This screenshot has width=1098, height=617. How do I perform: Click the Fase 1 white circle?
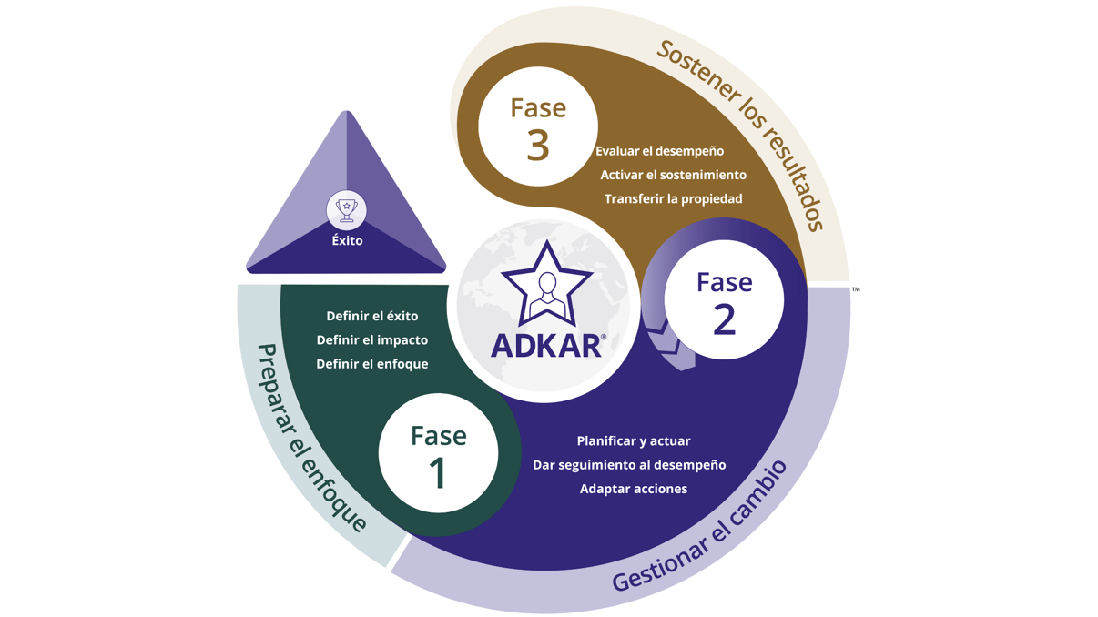pos(438,453)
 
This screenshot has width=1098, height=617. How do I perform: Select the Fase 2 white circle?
pos(724,299)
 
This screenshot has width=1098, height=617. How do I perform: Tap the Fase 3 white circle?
pos(537,126)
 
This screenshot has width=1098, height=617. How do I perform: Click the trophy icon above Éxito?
pos(347,210)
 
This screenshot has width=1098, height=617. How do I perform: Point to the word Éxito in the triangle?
pos(347,241)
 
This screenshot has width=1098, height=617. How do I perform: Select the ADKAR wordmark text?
pos(546,346)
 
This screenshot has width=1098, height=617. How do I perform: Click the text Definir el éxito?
pos(372,316)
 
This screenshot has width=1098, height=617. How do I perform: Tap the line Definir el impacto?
pos(372,340)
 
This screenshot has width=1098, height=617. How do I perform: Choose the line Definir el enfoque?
pos(372,364)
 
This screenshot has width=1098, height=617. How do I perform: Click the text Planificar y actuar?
pos(634,441)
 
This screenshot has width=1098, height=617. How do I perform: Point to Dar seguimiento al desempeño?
pos(629,465)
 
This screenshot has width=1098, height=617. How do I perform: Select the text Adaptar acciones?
pos(634,489)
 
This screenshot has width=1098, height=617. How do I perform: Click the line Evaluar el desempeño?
pos(660,151)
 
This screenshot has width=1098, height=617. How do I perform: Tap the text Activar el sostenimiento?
pos(673,175)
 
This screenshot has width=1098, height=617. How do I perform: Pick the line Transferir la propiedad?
pos(673,198)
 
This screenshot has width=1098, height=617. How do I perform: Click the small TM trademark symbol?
pos(856,289)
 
